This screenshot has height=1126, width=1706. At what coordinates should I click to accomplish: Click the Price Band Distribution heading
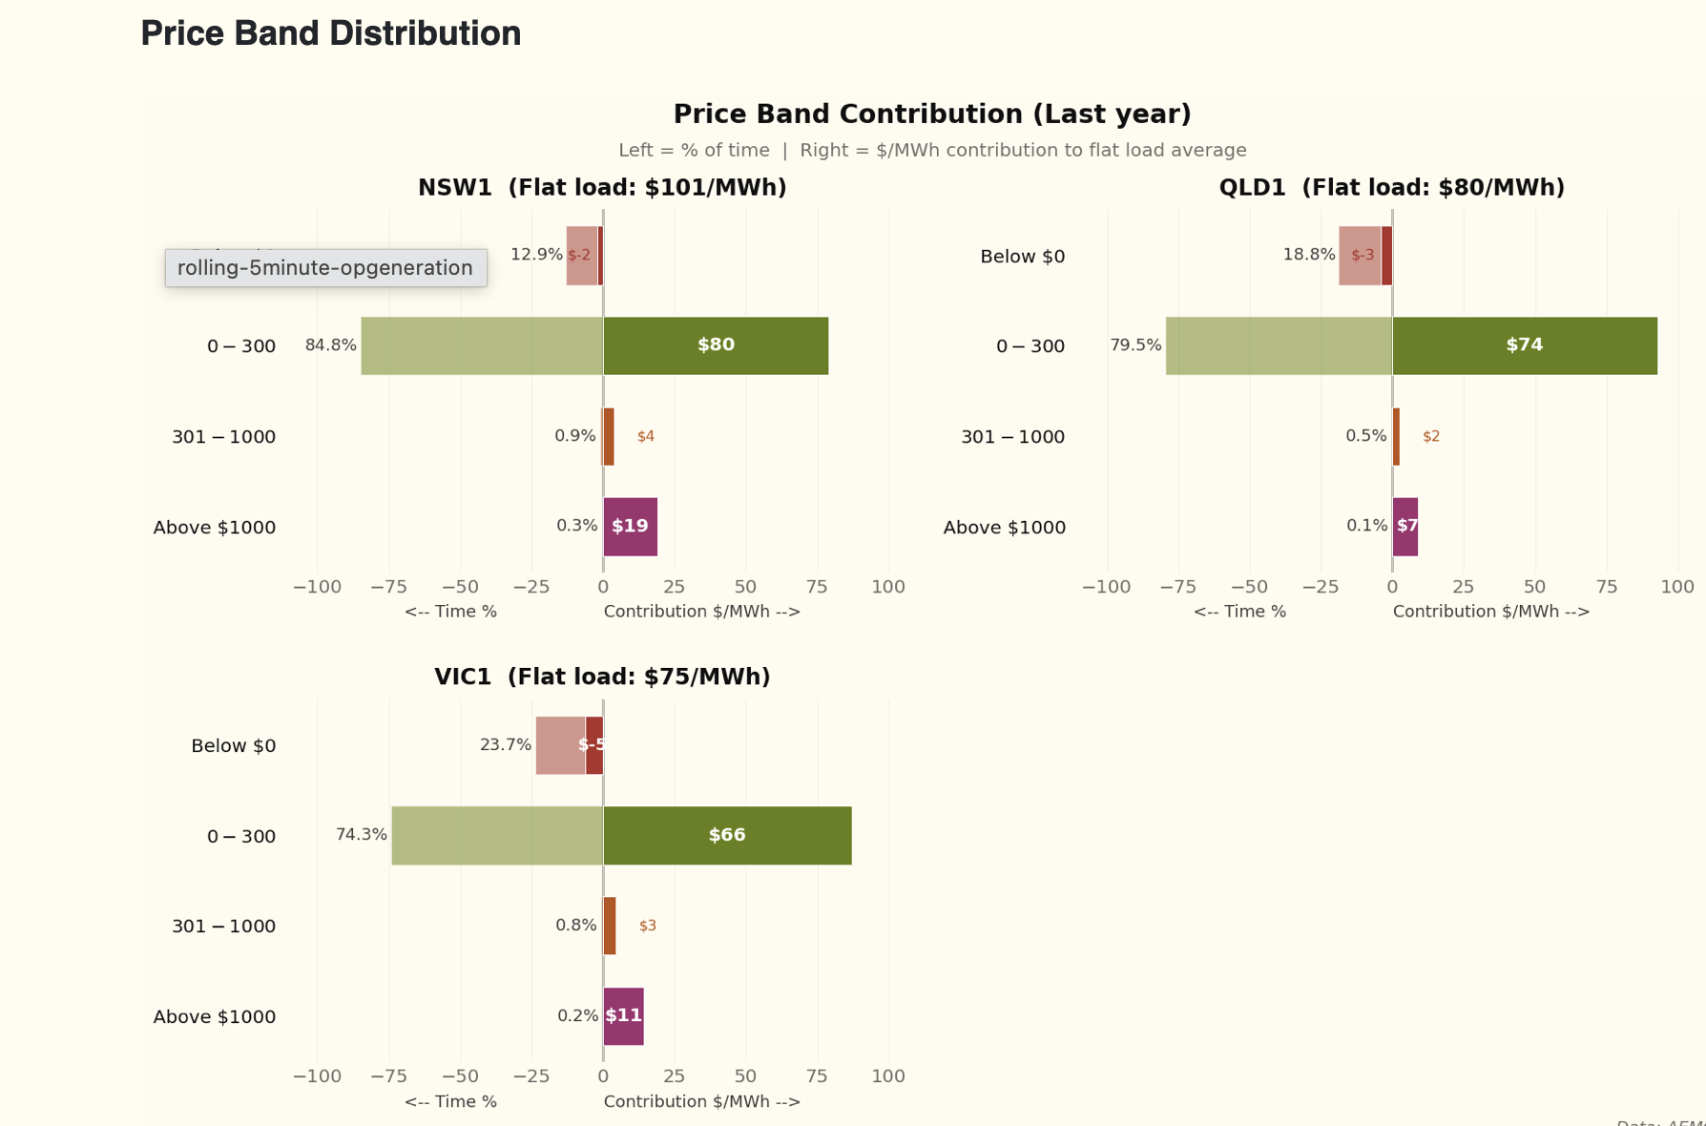330,34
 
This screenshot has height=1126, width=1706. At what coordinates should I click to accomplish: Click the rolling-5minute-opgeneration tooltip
325,268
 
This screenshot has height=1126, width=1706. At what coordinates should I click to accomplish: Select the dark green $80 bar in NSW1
716,345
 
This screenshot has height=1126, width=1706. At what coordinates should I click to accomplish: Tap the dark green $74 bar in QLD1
1524,345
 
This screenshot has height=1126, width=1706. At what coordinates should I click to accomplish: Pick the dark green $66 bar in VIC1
727,836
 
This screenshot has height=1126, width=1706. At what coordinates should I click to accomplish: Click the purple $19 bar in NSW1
630,527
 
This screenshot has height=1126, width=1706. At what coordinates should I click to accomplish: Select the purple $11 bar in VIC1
623,1016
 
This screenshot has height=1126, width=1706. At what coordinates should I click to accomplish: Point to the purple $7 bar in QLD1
1405,527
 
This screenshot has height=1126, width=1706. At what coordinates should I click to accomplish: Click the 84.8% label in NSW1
330,345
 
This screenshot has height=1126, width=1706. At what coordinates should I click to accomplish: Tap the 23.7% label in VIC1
505,745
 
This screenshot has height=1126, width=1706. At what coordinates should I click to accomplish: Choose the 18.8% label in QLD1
1308,255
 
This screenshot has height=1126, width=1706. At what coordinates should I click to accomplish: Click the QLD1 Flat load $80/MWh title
1391,188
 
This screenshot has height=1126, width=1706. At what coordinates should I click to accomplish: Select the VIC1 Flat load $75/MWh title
602,678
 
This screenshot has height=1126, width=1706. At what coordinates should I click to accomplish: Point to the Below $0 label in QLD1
1022,257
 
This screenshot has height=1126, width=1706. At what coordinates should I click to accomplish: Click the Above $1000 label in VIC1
215,1017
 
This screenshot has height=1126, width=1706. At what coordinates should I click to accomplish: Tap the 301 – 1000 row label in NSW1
223,437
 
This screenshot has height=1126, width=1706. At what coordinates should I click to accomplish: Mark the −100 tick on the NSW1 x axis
317,587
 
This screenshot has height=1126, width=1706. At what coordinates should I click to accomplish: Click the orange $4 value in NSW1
646,436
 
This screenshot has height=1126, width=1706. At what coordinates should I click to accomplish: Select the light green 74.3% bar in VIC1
497,836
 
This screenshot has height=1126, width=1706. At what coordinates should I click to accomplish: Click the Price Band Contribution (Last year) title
932,115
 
